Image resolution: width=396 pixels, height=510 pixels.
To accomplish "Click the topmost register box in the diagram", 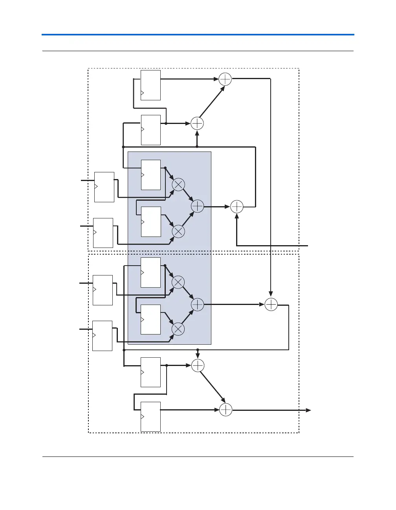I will [x=150, y=85].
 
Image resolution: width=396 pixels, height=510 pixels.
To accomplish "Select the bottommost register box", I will [x=150, y=416].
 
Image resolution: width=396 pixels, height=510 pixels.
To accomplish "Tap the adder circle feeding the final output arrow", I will [x=225, y=410].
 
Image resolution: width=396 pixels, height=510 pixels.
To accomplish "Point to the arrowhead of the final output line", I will [x=309, y=410].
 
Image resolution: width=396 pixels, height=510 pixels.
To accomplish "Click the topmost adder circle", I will [x=225, y=79].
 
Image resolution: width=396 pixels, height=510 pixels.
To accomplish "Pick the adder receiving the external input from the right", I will [x=237, y=207].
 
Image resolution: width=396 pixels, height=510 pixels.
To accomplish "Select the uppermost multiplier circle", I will [x=178, y=184].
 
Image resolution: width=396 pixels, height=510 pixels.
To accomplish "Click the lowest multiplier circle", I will [x=178, y=329].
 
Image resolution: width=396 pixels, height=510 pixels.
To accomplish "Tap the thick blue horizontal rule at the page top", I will [x=198, y=35].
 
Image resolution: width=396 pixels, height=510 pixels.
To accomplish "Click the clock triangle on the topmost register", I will [x=143, y=93].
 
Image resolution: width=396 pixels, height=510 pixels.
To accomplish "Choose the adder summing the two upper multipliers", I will [x=197, y=206].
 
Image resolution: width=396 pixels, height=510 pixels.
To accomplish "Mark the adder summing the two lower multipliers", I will [x=197, y=305].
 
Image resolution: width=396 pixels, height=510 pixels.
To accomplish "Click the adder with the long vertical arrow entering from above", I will [x=271, y=305].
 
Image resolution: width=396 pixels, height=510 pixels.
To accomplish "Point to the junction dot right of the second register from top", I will [x=166, y=124].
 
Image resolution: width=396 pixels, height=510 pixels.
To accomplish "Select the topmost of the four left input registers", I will [x=104, y=187].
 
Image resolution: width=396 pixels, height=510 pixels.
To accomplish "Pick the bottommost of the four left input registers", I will [x=102, y=336].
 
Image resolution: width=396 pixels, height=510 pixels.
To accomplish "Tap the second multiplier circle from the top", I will [x=178, y=231].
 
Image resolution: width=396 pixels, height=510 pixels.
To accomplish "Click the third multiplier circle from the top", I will [x=178, y=282].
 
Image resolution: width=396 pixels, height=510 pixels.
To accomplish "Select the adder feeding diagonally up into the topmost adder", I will [x=197, y=124].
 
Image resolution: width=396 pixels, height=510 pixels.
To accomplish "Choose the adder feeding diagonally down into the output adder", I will [x=198, y=366].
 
